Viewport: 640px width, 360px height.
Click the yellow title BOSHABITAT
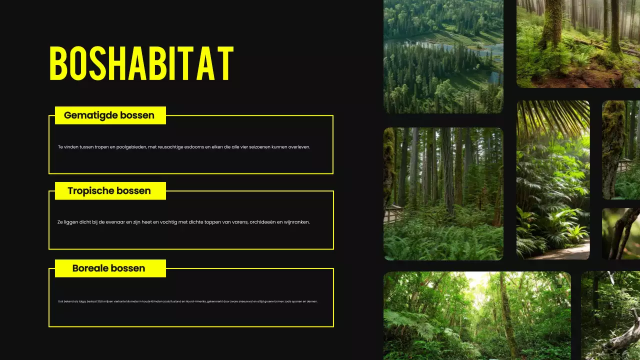pos(141,64)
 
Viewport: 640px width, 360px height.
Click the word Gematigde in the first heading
pos(87,115)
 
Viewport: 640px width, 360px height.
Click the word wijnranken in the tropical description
pos(297,222)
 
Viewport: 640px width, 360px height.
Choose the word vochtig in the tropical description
pos(175,222)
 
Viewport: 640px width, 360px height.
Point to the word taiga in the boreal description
pos(77,301)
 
